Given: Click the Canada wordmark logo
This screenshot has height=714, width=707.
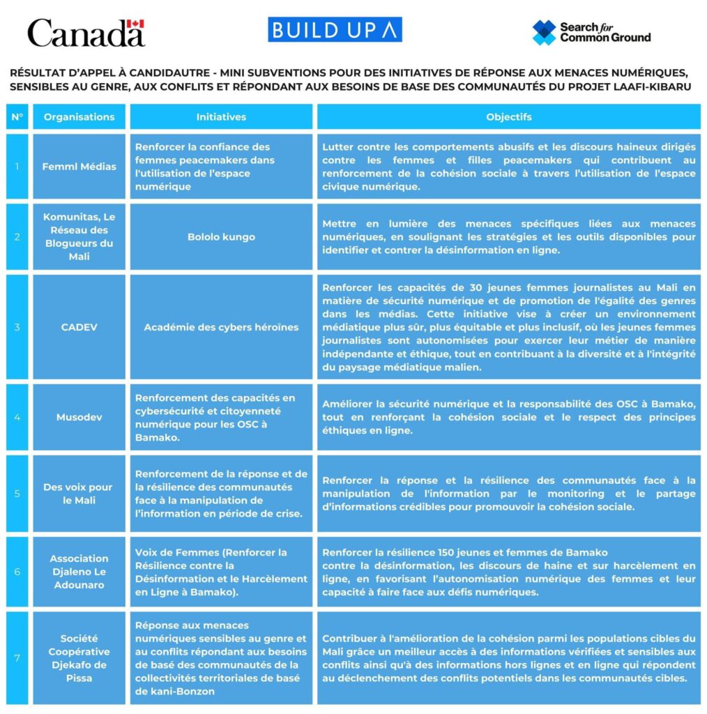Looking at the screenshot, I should click(85, 33).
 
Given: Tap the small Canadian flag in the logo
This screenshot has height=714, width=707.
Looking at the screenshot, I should click(136, 24).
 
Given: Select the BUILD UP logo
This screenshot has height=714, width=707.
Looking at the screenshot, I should click(335, 30).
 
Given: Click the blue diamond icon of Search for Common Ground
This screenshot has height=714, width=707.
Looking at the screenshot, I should click(544, 33).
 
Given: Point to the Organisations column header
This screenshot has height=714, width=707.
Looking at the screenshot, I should click(79, 117).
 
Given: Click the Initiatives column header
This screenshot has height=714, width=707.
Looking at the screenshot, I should click(221, 117).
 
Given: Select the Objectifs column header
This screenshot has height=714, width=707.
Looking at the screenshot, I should click(508, 117).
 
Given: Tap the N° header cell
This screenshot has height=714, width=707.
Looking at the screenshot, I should click(17, 117).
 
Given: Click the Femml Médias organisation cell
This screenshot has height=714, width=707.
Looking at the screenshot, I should click(79, 167).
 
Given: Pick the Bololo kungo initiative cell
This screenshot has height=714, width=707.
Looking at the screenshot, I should click(221, 237).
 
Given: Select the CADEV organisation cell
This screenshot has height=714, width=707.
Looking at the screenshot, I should click(79, 327).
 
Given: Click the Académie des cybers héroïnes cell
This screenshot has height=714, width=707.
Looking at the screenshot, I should click(221, 327).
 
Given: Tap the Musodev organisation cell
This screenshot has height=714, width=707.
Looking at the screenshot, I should click(79, 417).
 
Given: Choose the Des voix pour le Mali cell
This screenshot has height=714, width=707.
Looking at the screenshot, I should click(79, 494).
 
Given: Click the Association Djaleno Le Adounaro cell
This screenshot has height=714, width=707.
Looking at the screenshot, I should click(79, 572).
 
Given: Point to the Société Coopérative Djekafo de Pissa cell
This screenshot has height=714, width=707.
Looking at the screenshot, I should click(79, 658).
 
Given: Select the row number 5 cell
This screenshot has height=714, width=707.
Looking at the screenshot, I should click(17, 494).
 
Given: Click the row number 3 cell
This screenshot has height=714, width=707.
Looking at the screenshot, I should click(17, 327).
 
